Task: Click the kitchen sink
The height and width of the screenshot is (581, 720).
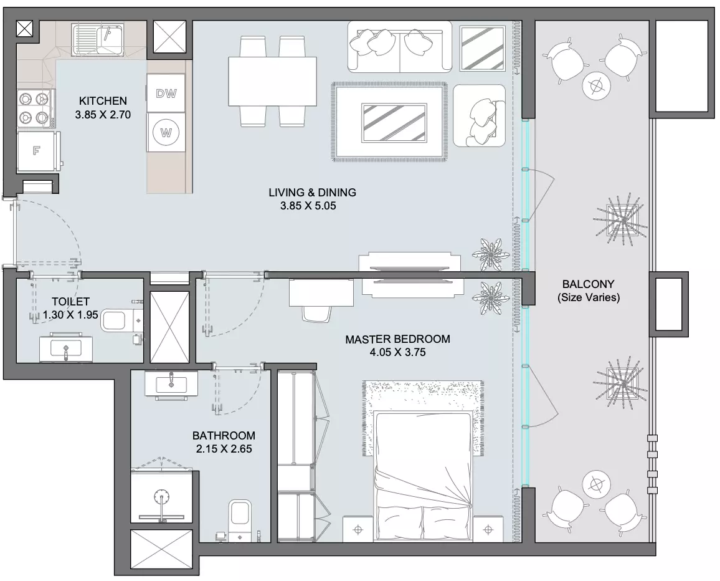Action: coord(97,40)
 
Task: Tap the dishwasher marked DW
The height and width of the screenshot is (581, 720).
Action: coord(166,93)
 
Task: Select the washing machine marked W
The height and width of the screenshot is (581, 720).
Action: coord(166,132)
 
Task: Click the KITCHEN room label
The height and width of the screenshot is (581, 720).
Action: coord(103,100)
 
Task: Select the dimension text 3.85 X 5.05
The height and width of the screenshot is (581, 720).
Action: coord(308,206)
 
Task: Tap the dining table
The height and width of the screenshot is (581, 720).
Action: coord(273,82)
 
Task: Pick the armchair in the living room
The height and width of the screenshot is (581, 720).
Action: coord(478,115)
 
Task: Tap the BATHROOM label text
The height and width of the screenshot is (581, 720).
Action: coord(224,435)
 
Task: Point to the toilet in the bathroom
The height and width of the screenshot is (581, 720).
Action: coord(240,519)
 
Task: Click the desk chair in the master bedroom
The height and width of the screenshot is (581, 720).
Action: coord(317,314)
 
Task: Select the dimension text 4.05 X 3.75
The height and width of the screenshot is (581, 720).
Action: coord(397,353)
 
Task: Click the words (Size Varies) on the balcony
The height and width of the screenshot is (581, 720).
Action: coord(589,297)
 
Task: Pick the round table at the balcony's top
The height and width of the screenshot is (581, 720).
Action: coord(597,85)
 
